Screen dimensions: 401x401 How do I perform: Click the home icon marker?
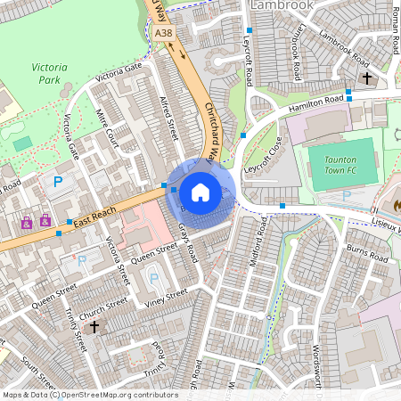click(200, 192)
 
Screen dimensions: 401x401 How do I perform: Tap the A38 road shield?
click(163, 33)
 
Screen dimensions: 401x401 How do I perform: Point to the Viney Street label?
click(165, 296)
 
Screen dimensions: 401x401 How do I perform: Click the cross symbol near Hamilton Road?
click(366, 78)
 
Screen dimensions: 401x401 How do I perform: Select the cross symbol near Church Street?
click(94, 327)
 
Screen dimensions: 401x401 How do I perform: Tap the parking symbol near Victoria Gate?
click(58, 182)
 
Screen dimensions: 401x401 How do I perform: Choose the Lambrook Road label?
click(343, 50)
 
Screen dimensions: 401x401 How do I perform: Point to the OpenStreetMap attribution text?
click(90, 395)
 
